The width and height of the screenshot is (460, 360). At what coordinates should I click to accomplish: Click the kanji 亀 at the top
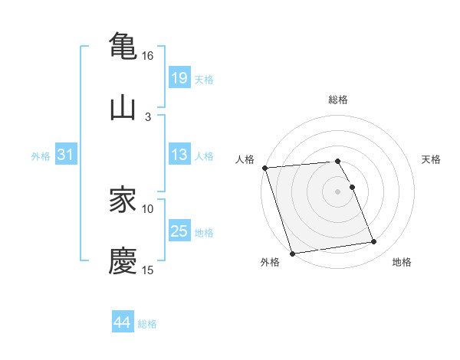pyautogui.click(x=123, y=45)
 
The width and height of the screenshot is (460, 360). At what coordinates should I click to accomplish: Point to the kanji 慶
pyautogui.click(x=123, y=260)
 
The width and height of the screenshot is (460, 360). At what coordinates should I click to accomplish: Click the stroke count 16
pyautogui.click(x=148, y=56)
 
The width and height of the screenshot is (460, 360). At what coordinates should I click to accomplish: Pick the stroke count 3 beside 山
pyautogui.click(x=148, y=116)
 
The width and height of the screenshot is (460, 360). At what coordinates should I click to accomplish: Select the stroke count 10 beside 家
pyautogui.click(x=148, y=208)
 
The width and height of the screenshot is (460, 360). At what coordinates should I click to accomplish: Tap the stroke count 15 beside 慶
pyautogui.click(x=148, y=270)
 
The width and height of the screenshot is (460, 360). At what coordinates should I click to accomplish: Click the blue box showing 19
pyautogui.click(x=179, y=77)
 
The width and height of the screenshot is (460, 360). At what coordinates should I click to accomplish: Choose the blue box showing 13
pyautogui.click(x=179, y=155)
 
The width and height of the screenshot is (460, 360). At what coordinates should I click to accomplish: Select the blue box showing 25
pyautogui.click(x=179, y=231)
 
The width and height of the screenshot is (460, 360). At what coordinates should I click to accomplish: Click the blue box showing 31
pyautogui.click(x=66, y=155)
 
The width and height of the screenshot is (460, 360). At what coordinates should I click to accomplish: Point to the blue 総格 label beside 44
pyautogui.click(x=147, y=324)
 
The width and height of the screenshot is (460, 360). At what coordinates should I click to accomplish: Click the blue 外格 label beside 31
pyautogui.click(x=41, y=155)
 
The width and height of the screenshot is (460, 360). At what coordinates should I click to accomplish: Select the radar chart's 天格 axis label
pyautogui.click(x=431, y=159)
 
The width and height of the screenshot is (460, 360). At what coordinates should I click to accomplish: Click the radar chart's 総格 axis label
pyautogui.click(x=338, y=100)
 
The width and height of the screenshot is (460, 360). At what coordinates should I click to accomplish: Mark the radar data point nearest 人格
pyautogui.click(x=264, y=168)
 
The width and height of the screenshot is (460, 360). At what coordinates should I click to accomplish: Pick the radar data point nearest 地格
pyautogui.click(x=374, y=242)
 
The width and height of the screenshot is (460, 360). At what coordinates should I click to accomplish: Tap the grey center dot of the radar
pyautogui.click(x=338, y=191)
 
